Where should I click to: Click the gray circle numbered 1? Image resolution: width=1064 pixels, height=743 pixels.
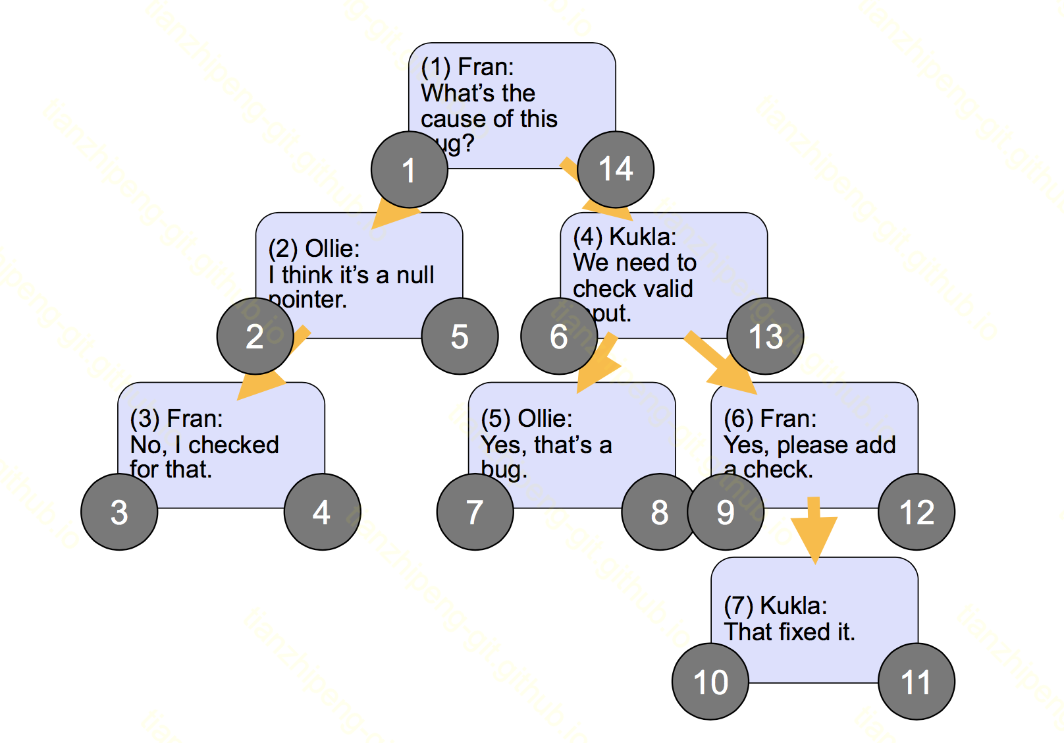coord(410,170)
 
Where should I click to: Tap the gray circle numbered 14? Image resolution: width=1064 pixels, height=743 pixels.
coord(616,170)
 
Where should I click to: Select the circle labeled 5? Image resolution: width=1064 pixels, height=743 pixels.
coord(460,337)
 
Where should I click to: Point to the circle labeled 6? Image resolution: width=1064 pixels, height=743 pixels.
coord(559,337)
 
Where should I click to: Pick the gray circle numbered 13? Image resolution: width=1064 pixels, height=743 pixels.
coord(765,337)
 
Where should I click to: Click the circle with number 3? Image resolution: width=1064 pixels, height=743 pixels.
coord(119,512)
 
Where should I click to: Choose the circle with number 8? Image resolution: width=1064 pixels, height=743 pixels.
coord(660,512)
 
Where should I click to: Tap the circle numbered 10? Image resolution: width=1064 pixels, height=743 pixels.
coord(710,682)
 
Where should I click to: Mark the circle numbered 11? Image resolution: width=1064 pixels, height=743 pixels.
coord(917,682)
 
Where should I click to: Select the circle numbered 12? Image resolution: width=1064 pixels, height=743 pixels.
coord(917,512)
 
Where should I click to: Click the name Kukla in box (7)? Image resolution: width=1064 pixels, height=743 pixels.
coord(793,605)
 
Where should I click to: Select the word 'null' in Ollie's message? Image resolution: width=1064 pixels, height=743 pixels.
coord(415,275)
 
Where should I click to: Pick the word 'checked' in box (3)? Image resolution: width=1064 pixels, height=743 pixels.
coord(234,445)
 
